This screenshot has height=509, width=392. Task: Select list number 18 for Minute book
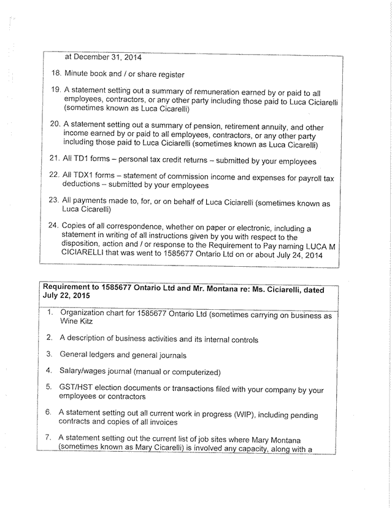tap(55, 74)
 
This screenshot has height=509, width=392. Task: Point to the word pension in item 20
tap(210, 128)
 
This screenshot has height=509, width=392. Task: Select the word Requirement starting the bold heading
tap(70, 289)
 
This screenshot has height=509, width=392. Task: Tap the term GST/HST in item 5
tap(79, 390)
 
